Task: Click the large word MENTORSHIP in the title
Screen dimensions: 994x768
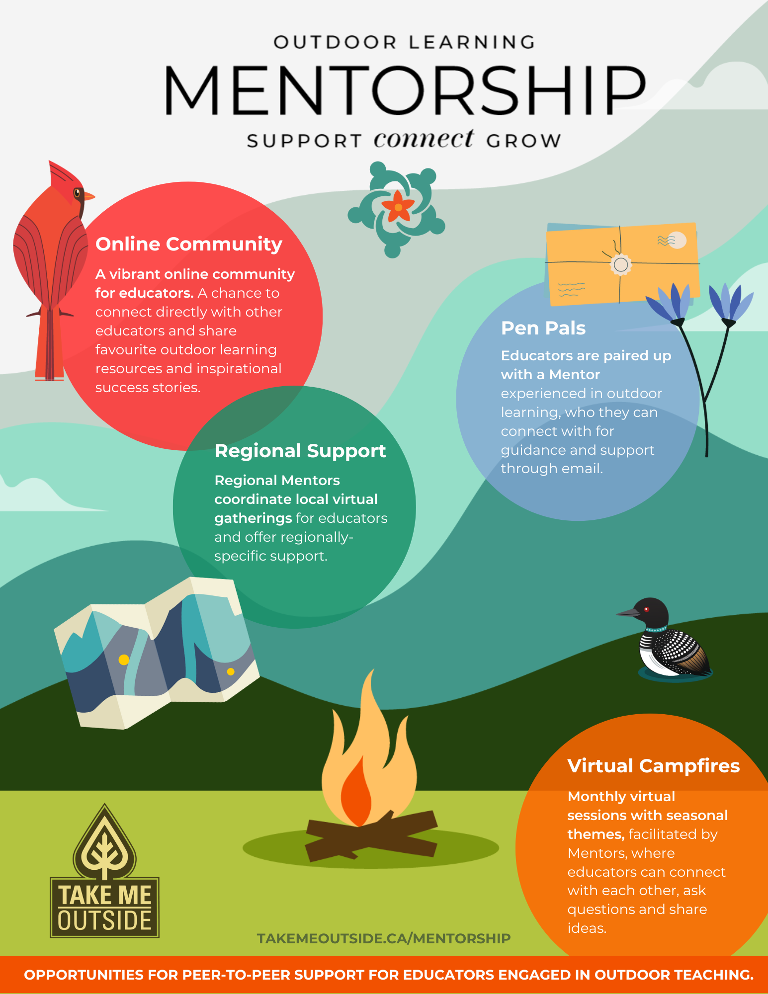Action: (405, 90)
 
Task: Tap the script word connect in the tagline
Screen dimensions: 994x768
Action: (424, 139)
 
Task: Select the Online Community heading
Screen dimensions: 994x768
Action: (189, 244)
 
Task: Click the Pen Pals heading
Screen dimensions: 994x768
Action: (543, 328)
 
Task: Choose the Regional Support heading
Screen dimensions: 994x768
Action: (300, 451)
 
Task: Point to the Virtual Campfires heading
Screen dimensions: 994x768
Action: (654, 766)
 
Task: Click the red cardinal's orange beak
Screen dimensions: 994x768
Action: (88, 197)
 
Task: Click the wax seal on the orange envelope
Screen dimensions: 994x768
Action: (620, 264)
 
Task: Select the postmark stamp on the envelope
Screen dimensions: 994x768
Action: (677, 241)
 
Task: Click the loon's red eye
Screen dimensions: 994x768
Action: (647, 608)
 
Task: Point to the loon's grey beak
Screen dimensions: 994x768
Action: (627, 613)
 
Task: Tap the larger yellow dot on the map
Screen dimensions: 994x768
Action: (124, 660)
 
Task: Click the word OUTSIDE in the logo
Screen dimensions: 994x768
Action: (104, 920)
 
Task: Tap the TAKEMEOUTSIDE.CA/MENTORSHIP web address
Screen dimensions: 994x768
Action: (383, 938)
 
